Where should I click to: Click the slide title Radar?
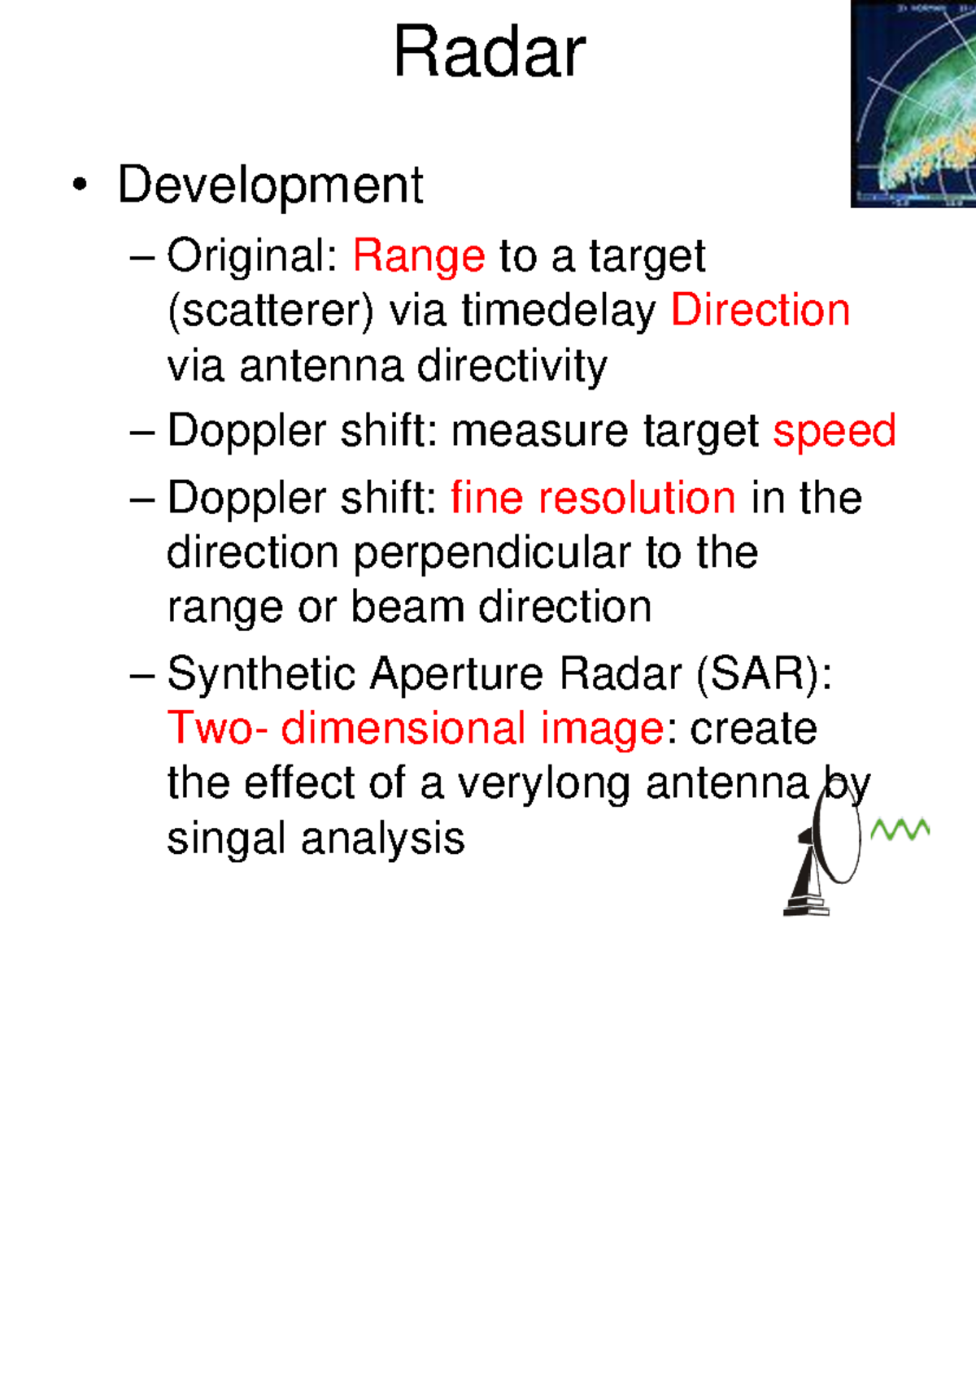pos(489,53)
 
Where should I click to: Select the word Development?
pos(270,185)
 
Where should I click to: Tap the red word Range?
pos(419,256)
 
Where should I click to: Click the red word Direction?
pos(760,311)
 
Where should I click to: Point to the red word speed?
pos(834,431)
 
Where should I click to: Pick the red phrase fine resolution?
pos(593,498)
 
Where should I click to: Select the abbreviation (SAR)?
pos(765,674)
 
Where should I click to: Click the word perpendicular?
pos(492,553)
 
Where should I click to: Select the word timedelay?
pos(559,311)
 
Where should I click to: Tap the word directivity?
pos(512,366)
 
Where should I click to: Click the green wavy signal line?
pos(900,830)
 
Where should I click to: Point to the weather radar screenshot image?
pos(913,104)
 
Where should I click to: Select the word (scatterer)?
pos(271,311)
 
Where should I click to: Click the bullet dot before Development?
pos(79,185)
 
